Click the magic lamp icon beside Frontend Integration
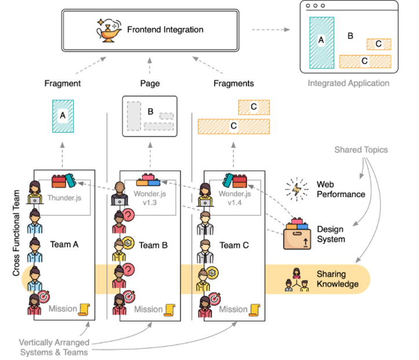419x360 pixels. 109,30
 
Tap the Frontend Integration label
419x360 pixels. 165,30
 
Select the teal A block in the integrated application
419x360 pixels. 322,43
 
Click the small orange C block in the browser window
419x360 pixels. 378,44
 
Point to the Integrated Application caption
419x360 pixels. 348,83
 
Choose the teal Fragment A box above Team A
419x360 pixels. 63,117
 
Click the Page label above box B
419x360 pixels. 150,83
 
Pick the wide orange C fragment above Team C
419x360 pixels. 234,126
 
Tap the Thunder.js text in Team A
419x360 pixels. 64,198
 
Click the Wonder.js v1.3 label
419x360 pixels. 150,198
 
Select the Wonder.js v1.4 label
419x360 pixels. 235,198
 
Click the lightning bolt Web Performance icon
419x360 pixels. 296,189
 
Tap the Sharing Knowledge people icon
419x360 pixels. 297,280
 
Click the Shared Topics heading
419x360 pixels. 361,150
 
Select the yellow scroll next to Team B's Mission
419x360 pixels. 169,310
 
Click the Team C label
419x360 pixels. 234,245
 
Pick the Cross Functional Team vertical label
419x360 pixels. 16,233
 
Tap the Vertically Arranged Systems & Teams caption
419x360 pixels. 54,347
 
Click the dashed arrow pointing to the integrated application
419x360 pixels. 271,30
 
